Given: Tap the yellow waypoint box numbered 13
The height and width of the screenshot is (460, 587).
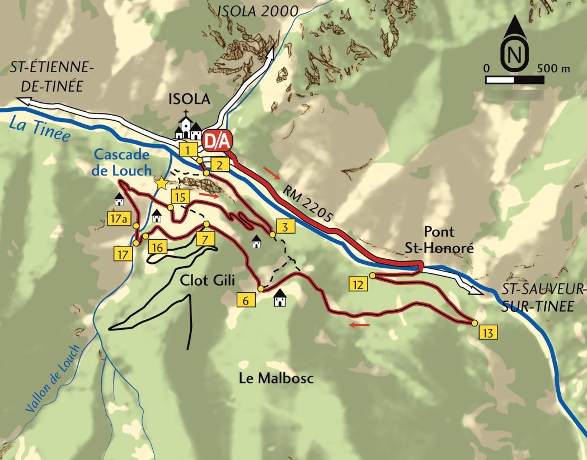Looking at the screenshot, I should click(488, 333).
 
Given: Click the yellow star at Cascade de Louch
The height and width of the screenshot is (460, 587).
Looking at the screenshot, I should click(162, 183).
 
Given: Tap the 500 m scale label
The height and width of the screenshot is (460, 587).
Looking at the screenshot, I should click(553, 68).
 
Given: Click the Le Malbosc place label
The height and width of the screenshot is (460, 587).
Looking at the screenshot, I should click(276, 378).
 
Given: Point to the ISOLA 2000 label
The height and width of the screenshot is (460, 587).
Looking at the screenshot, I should click(258, 11).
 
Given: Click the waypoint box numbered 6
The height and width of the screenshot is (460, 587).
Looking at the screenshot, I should click(245, 300).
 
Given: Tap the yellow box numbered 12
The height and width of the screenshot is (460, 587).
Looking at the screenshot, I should click(359, 284).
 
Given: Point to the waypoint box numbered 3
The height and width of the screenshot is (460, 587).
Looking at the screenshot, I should click(285, 227).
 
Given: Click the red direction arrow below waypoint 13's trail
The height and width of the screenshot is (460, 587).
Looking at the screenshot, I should click(360, 324).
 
